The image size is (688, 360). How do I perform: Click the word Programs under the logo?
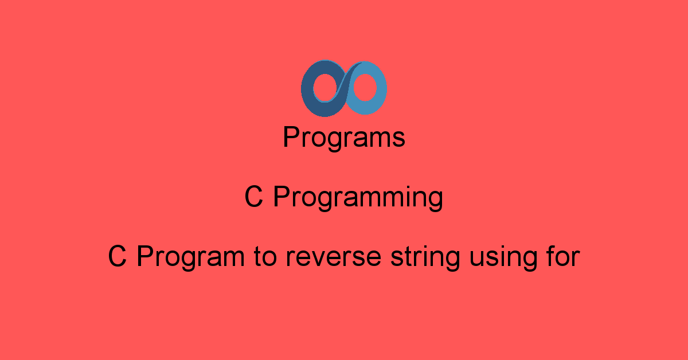point(344,138)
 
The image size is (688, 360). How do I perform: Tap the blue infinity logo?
point(343,88)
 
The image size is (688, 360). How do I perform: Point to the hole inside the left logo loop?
point(325,88)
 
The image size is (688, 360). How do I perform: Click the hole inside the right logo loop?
point(365,88)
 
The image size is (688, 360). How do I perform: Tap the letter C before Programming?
point(253,197)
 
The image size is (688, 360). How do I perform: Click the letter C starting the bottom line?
point(118,256)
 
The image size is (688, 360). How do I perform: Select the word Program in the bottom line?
point(190,257)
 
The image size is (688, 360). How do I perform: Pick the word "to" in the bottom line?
point(265,257)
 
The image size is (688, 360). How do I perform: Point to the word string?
point(425,258)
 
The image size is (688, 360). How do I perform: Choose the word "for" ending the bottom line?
point(563,256)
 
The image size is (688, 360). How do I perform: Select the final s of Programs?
point(398,139)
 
